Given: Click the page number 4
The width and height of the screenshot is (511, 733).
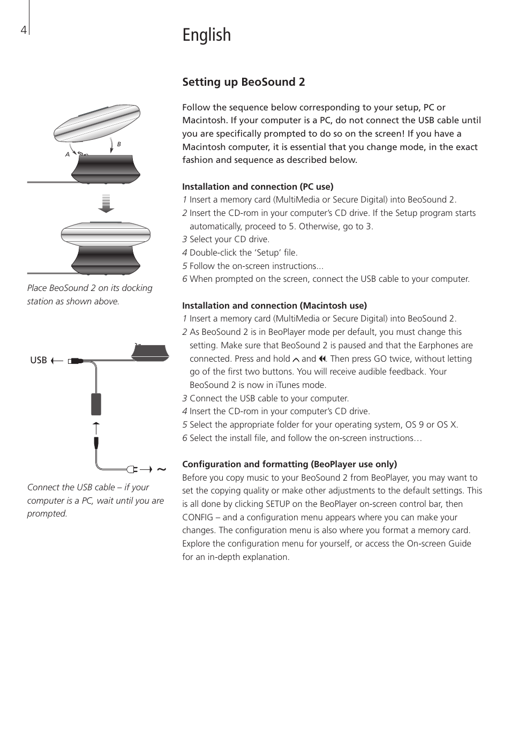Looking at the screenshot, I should (x=23, y=30).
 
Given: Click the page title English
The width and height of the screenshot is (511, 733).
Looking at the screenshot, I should (x=206, y=35).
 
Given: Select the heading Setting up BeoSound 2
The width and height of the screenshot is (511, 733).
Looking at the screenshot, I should (x=243, y=82).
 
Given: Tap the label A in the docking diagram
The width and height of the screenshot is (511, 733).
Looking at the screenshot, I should (x=67, y=154).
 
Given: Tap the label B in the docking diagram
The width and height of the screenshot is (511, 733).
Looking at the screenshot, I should (x=119, y=144).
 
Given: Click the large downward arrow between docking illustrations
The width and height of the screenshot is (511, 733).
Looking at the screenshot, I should (x=106, y=203).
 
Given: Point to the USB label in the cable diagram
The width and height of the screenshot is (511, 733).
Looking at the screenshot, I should (x=39, y=360).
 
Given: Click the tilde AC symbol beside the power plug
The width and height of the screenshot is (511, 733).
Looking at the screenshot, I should (x=161, y=469).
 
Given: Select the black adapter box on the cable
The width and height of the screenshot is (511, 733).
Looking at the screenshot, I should (x=96, y=404).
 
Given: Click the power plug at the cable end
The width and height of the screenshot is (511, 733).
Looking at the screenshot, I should (x=132, y=469).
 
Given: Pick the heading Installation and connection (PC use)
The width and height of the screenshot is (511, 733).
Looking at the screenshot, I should (x=258, y=186).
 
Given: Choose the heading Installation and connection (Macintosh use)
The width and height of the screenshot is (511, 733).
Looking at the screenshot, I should (x=274, y=305).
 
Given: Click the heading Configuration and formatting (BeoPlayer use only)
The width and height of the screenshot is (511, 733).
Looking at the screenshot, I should (x=289, y=464).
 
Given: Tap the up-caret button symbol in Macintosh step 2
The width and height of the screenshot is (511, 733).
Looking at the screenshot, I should (x=296, y=359).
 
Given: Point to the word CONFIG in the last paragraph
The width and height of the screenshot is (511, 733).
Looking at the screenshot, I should (x=198, y=517).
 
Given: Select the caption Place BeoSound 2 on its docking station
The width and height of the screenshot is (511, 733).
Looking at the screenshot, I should (x=89, y=295).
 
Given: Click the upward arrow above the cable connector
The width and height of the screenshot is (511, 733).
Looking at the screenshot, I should (x=96, y=428).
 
